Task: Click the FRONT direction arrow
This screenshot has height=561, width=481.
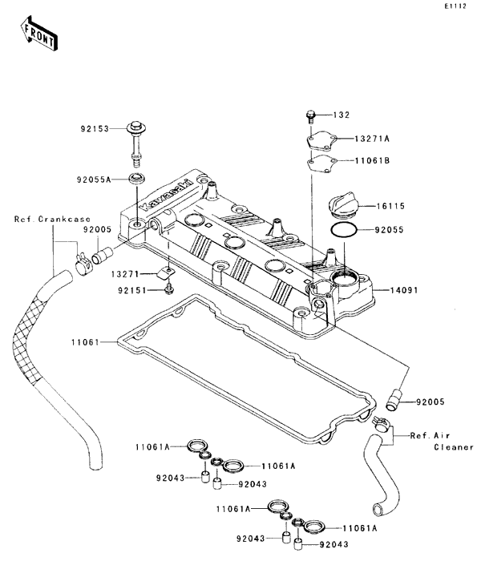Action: click(38, 33)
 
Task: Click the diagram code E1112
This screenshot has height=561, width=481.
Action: click(455, 6)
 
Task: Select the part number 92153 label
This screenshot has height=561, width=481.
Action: click(95, 129)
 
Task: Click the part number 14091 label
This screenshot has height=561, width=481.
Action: click(404, 290)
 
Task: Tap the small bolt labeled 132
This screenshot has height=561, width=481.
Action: click(310, 117)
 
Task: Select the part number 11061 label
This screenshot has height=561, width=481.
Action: click(85, 342)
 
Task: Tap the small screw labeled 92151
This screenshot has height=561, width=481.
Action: click(168, 289)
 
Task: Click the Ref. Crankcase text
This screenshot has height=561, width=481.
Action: click(52, 219)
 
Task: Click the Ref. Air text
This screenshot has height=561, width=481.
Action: click(430, 435)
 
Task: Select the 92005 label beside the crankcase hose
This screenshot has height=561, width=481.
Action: click(97, 229)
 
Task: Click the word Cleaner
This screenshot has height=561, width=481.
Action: click(454, 447)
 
